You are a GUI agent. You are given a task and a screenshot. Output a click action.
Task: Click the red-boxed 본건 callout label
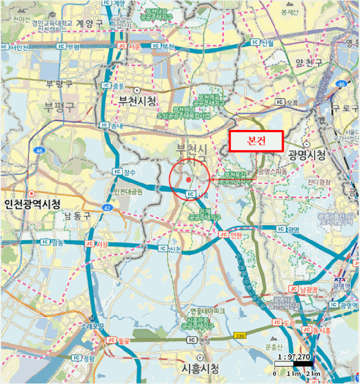click(x=256, y=141)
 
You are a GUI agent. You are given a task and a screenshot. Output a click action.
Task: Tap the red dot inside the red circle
click(x=188, y=179)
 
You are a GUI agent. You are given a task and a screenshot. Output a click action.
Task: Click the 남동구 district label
click(x=77, y=216)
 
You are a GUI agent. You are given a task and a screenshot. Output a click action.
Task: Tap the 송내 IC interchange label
click(x=112, y=126)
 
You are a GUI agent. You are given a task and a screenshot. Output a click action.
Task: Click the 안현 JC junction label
click(x=231, y=234)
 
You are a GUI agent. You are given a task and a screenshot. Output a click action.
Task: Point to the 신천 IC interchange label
click(x=170, y=249)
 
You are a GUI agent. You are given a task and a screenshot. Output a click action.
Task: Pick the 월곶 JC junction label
click(x=118, y=340)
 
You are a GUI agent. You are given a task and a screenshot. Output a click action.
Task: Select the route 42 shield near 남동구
click(x=107, y=208)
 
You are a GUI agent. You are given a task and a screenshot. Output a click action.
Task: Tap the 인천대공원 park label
click(x=127, y=191)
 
